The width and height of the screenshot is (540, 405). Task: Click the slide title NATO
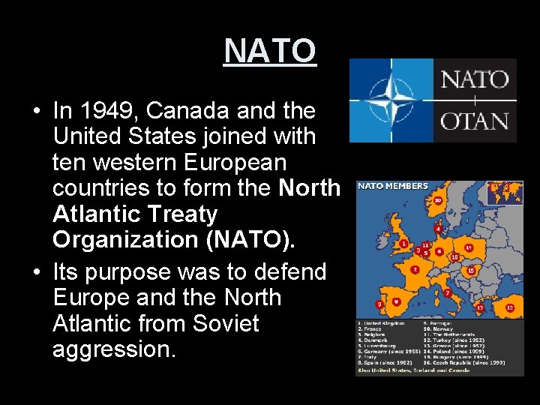(x=270, y=51)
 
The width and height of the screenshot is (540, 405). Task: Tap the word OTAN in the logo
(x=474, y=121)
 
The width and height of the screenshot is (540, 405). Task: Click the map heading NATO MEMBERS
(x=393, y=186)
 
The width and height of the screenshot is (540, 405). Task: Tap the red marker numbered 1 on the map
(x=403, y=244)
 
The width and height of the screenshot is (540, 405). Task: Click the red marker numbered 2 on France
(x=414, y=268)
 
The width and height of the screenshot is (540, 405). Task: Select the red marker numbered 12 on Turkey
(x=510, y=307)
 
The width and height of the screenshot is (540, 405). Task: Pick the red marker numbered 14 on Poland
(x=469, y=247)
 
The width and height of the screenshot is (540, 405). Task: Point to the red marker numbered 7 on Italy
(x=448, y=292)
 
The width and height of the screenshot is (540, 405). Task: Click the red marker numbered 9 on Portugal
(x=379, y=304)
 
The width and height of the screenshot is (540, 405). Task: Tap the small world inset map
(x=504, y=193)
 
